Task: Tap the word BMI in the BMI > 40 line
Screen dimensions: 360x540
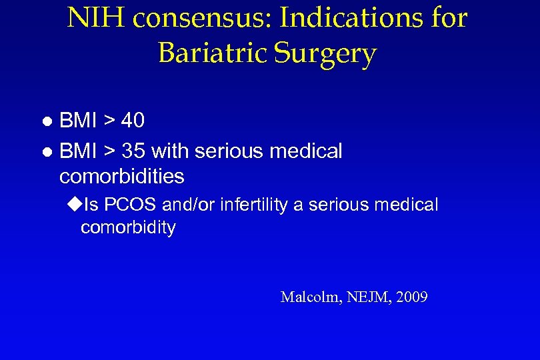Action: pyautogui.click(x=77, y=121)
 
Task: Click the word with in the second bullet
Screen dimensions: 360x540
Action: pyautogui.click(x=171, y=151)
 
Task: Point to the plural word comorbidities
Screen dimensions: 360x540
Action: pyautogui.click(x=121, y=177)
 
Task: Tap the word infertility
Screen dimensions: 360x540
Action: pyautogui.click(x=254, y=205)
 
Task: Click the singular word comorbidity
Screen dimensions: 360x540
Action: pyautogui.click(x=128, y=228)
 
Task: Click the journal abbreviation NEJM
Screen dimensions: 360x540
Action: pyautogui.click(x=366, y=297)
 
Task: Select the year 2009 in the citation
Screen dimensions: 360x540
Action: pyautogui.click(x=411, y=297)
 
